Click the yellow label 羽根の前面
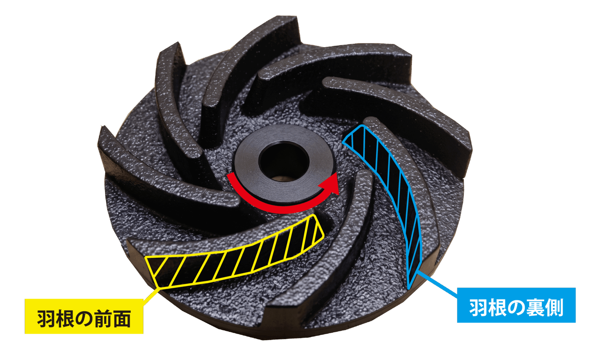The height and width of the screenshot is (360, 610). click(x=84, y=316)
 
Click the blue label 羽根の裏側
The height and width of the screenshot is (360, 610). click(x=516, y=305)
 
